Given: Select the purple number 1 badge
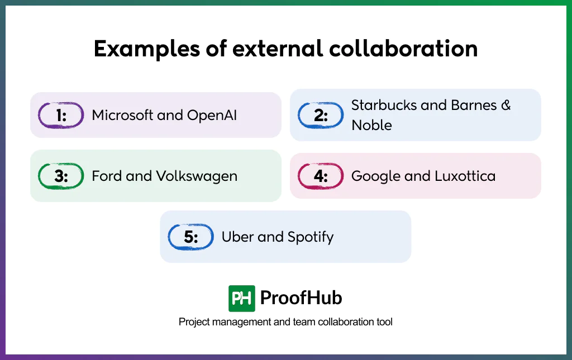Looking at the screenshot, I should click(61, 116).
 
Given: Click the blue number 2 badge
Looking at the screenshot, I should click(321, 116).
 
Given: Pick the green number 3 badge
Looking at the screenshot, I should click(61, 176).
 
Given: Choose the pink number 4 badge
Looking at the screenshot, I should click(321, 176).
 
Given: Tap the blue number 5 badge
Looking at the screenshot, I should click(191, 237).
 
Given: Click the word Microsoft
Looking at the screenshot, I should click(123, 116).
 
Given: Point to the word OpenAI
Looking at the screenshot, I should click(212, 116).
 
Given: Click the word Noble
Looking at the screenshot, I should click(371, 125).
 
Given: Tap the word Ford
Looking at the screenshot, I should click(106, 176).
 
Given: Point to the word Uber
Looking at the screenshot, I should click(237, 237).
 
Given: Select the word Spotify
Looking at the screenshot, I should click(310, 237).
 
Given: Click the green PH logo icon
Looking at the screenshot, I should click(242, 298).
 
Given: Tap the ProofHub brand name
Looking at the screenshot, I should click(301, 298).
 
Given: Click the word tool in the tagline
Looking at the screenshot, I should click(385, 322).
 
